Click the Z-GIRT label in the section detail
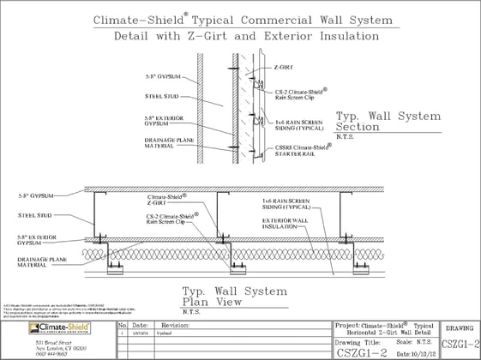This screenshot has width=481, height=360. (283, 65)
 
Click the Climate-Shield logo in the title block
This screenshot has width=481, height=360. (45, 328)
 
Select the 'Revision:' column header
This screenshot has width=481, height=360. (175, 326)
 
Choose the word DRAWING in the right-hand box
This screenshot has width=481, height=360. (460, 327)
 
